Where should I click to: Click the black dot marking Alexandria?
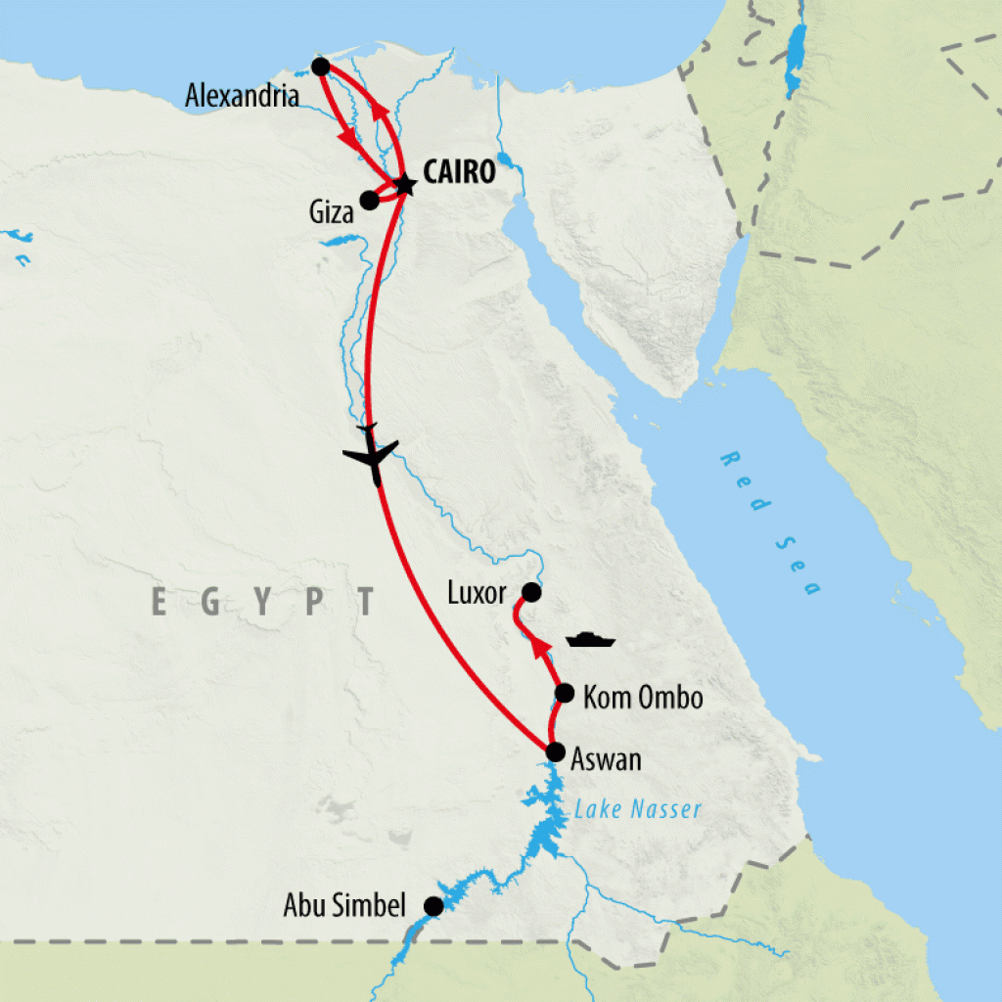(x=319, y=67)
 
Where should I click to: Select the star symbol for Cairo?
(x=403, y=184)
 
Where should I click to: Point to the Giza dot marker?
(x=369, y=201)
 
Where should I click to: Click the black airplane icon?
(x=371, y=453)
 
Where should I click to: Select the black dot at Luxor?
(x=530, y=592)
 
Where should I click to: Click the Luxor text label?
(x=477, y=593)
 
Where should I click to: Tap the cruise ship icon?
(x=590, y=640)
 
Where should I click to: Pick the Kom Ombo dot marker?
(x=564, y=694)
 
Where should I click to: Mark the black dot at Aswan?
(x=554, y=752)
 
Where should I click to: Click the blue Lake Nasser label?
(x=637, y=809)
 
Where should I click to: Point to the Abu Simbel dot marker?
(x=433, y=906)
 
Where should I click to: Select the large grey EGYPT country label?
(x=264, y=601)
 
